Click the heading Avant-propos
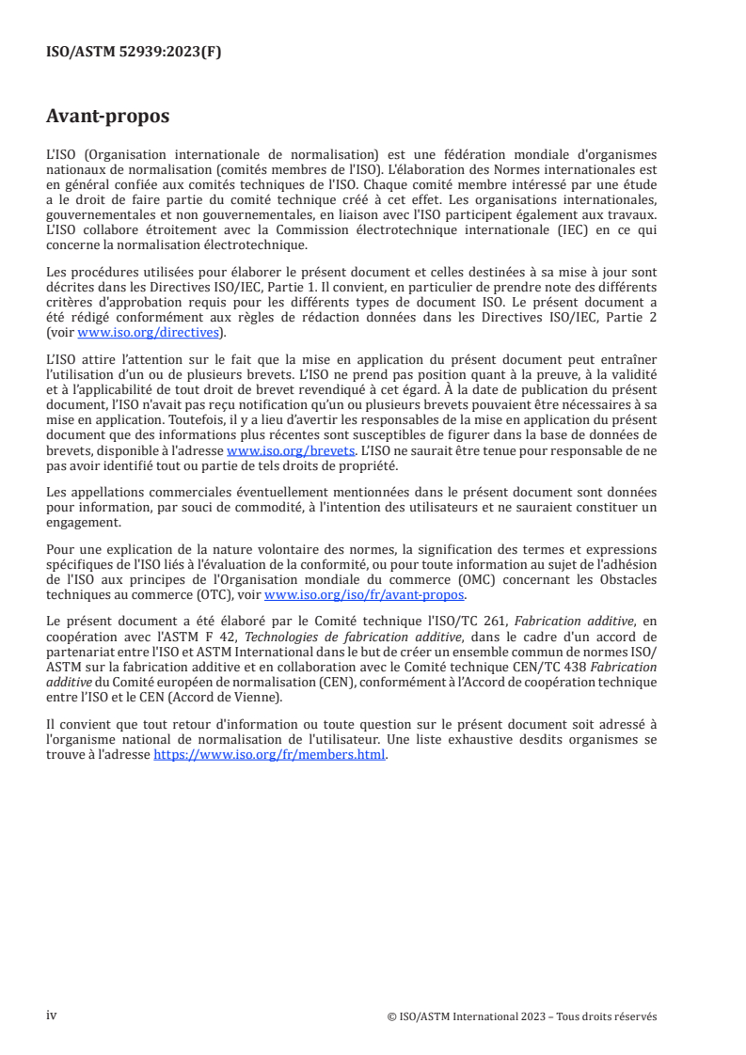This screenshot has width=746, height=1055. [108, 117]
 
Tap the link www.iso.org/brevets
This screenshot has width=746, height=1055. [290, 450]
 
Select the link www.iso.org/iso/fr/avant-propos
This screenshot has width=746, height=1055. [365, 595]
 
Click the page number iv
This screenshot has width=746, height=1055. [52, 1016]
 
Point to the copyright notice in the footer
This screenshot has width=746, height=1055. [521, 1016]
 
